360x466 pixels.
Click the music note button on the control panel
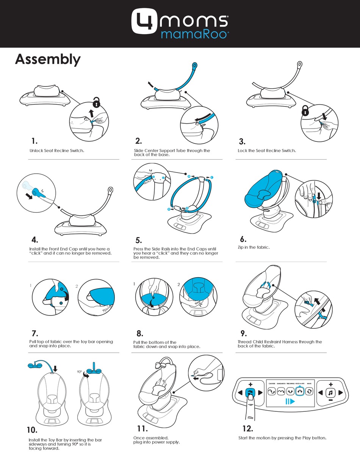(x=330, y=393)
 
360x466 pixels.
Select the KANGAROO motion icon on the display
(x=281, y=392)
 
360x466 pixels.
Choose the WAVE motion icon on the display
(x=309, y=392)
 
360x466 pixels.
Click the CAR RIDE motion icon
(x=272, y=392)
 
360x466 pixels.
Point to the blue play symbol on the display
(x=290, y=402)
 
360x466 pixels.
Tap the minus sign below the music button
(x=331, y=400)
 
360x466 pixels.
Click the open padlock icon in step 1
(x=97, y=103)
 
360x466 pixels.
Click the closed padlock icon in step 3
(x=305, y=110)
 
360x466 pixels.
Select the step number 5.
(x=139, y=240)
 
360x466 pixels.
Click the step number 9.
(x=244, y=333)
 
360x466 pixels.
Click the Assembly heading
(x=48, y=60)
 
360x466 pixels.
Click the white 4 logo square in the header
(x=145, y=21)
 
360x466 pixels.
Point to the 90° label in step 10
(x=79, y=372)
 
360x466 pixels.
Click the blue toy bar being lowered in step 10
(x=41, y=366)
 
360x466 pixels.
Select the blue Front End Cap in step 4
(x=38, y=193)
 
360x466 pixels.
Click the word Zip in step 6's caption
(x=241, y=247)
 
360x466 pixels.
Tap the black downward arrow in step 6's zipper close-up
(x=319, y=196)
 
